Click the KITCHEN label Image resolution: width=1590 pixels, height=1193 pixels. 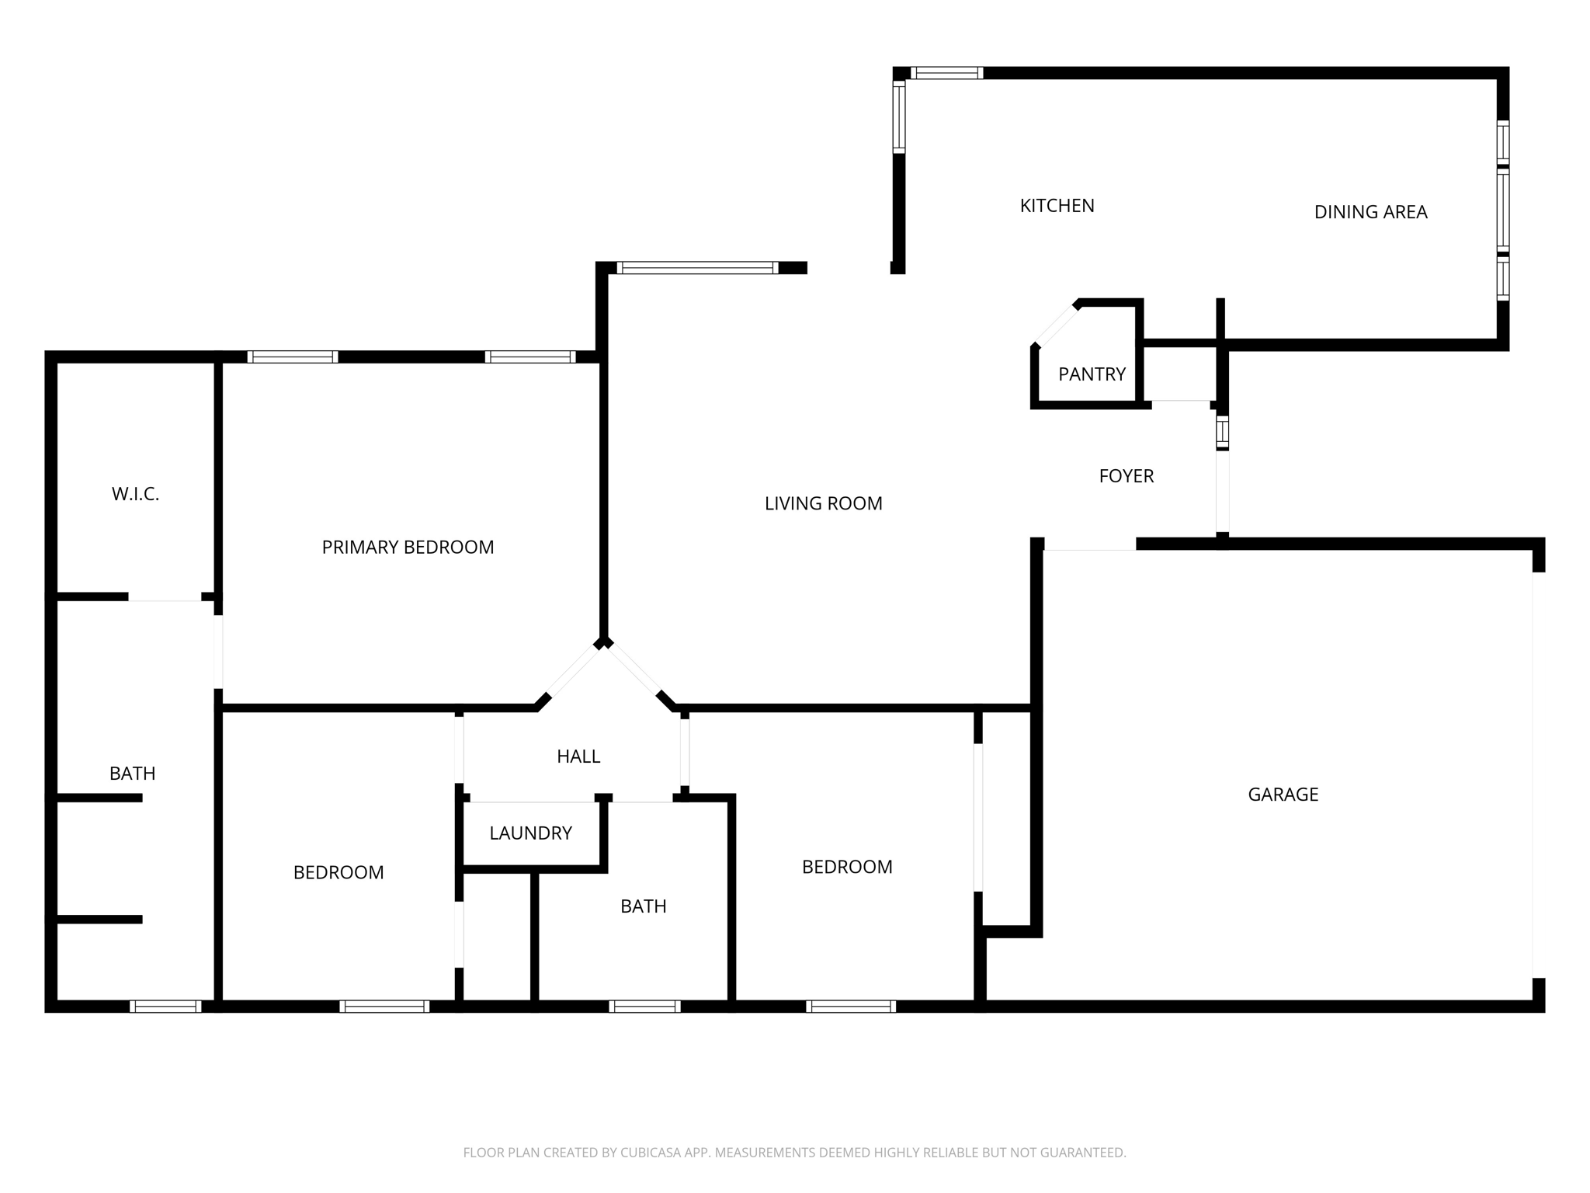coord(1057,206)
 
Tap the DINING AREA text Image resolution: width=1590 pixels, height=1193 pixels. coord(1370,212)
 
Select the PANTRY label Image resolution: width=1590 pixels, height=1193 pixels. coord(1092,374)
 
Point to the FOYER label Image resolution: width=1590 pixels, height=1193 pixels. coord(1126,476)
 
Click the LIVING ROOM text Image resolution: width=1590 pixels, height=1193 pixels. coord(823,504)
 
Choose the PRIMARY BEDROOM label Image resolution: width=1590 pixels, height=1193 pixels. coord(408,548)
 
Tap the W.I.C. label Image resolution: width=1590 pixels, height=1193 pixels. coord(135,494)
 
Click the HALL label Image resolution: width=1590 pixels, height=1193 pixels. coord(578,756)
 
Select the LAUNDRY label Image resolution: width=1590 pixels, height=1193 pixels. coord(530,833)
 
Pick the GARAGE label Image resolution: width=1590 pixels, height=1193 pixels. coord(1283,795)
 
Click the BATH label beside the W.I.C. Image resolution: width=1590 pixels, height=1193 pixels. coord(132,774)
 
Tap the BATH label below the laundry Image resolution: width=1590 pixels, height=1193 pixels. coord(643,906)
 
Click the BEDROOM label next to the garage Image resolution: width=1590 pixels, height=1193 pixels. coord(847,867)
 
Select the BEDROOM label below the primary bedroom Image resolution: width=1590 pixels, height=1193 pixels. coord(338,873)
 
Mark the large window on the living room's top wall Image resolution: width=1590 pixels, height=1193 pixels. coord(697,268)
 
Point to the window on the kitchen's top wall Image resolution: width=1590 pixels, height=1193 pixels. coord(946,73)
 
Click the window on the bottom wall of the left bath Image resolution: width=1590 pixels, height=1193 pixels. coord(165,1007)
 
